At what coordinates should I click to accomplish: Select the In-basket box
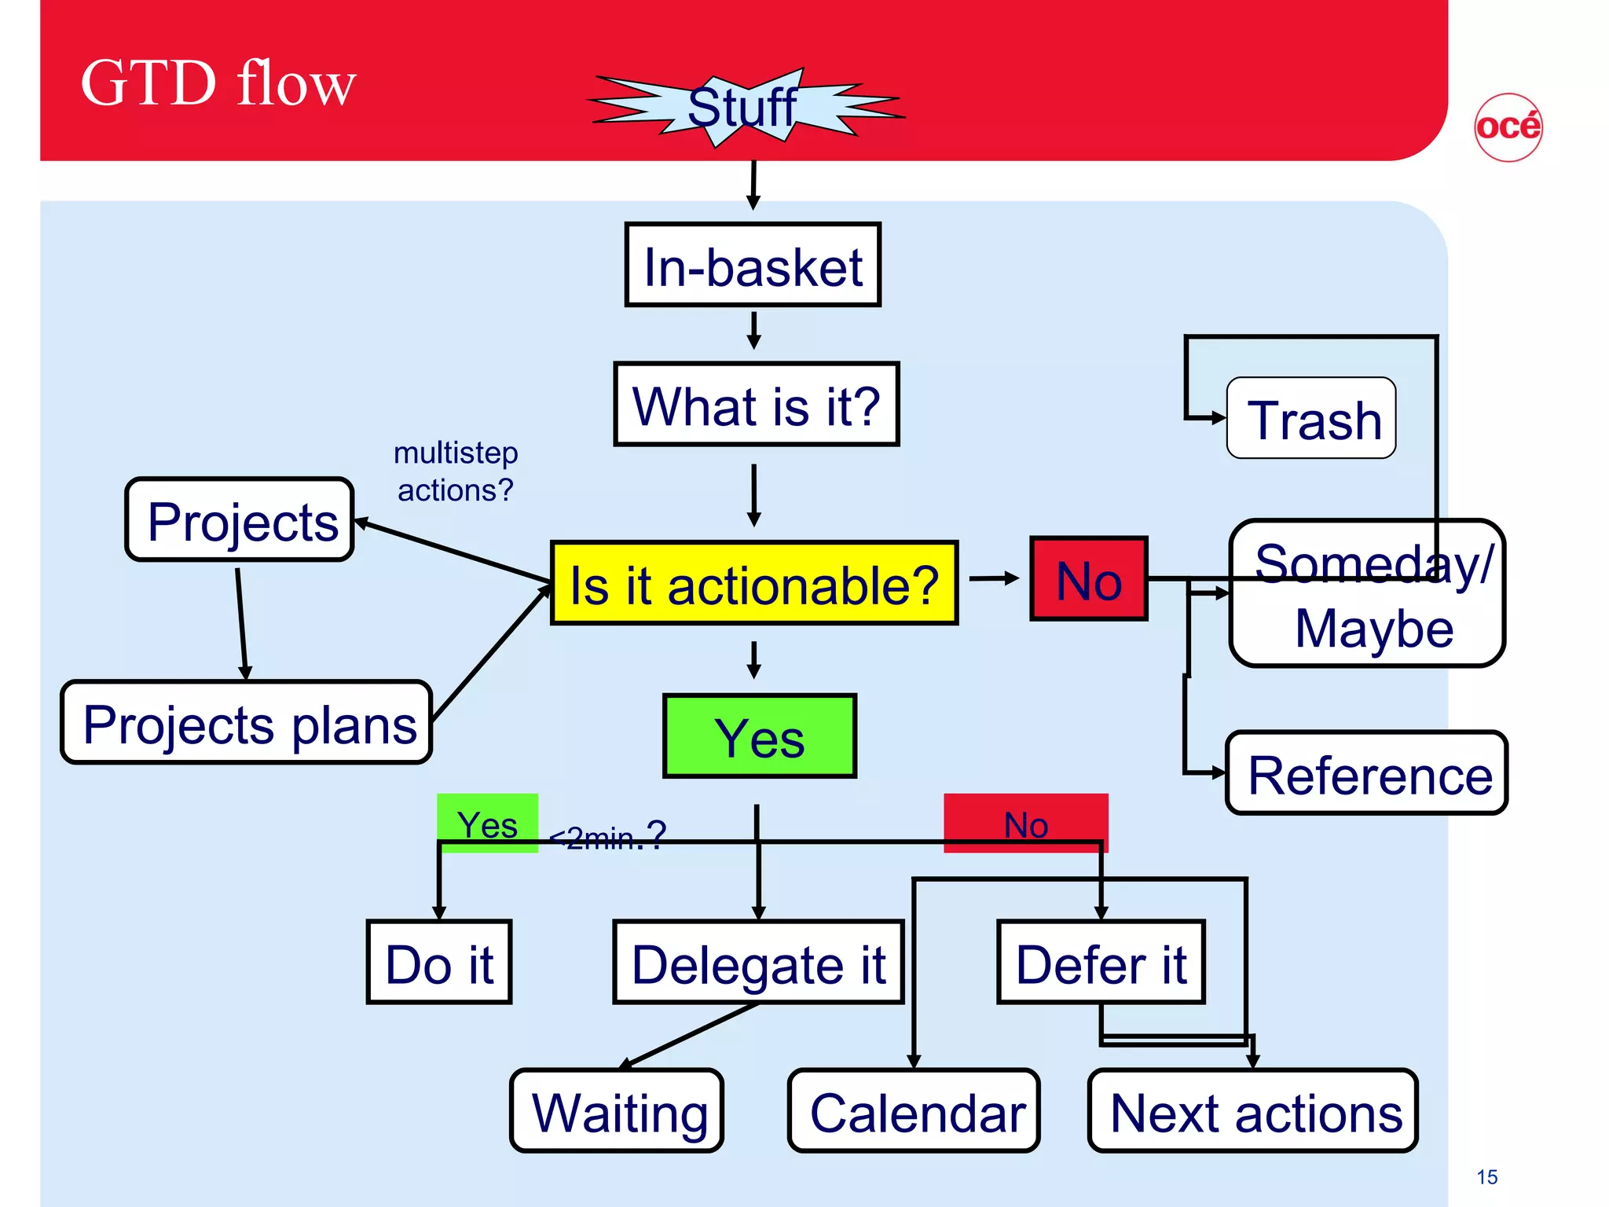753,265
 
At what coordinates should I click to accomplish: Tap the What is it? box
756,404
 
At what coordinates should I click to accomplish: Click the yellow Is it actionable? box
753,583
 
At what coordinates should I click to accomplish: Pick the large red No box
1088,579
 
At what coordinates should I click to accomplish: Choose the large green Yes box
759,736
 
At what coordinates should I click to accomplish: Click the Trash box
1310,418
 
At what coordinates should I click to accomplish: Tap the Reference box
1366,773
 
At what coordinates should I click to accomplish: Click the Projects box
240,519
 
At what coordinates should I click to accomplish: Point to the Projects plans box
247,722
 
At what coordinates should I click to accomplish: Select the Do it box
438,962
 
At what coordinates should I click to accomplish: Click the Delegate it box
757,962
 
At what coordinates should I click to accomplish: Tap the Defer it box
1100,962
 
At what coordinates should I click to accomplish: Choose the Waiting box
617,1110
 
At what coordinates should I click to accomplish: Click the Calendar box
914,1110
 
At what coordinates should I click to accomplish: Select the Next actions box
1253,1110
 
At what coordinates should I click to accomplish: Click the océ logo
1508,127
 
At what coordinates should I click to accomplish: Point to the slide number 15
1486,1176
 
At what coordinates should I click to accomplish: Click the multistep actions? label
455,471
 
